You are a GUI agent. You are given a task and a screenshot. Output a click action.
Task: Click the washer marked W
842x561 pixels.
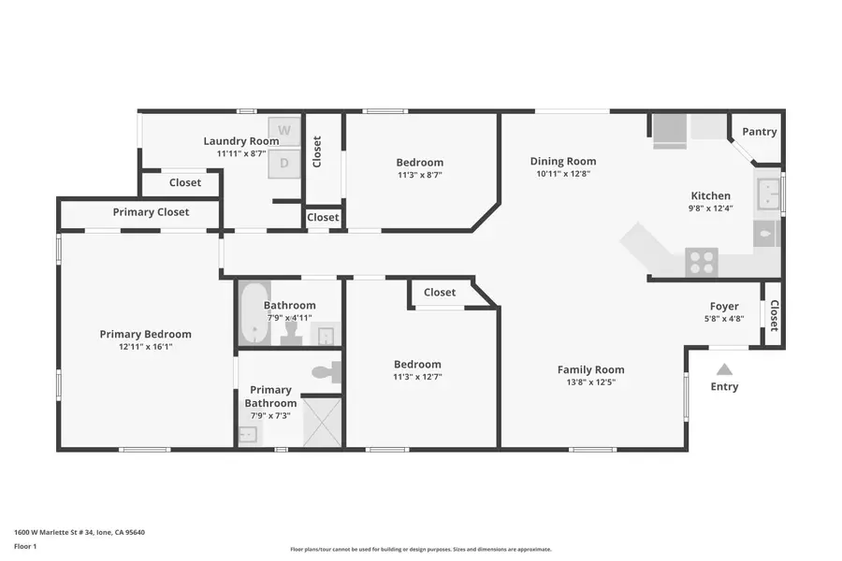tap(284, 130)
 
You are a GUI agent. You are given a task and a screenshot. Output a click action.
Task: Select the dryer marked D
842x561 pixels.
tap(284, 164)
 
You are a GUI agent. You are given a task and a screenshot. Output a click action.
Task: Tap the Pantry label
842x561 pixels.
tap(759, 132)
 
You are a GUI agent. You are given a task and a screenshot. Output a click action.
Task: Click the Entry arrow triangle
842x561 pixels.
tap(724, 369)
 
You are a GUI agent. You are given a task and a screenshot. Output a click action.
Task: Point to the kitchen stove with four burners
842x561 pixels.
tap(702, 262)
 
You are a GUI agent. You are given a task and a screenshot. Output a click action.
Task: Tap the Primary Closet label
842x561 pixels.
tap(151, 212)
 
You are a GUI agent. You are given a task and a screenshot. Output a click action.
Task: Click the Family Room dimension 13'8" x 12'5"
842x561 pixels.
tap(590, 381)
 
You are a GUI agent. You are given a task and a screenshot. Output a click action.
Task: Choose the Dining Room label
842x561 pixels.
tap(563, 161)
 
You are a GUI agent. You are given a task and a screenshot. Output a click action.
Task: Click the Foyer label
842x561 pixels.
tap(723, 306)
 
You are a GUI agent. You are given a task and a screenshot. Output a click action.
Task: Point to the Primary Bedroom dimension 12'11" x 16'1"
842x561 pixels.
tap(145, 346)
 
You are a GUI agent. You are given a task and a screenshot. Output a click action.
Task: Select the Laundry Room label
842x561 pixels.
tap(241, 141)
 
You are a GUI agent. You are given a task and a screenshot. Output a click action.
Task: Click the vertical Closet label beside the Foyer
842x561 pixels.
tap(774, 315)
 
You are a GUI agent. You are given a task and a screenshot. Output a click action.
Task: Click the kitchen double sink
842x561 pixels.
tap(768, 194)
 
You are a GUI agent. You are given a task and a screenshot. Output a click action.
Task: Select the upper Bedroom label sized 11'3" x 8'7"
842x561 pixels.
tap(419, 162)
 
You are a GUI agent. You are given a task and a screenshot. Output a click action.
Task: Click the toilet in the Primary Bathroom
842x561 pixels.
tap(325, 373)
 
